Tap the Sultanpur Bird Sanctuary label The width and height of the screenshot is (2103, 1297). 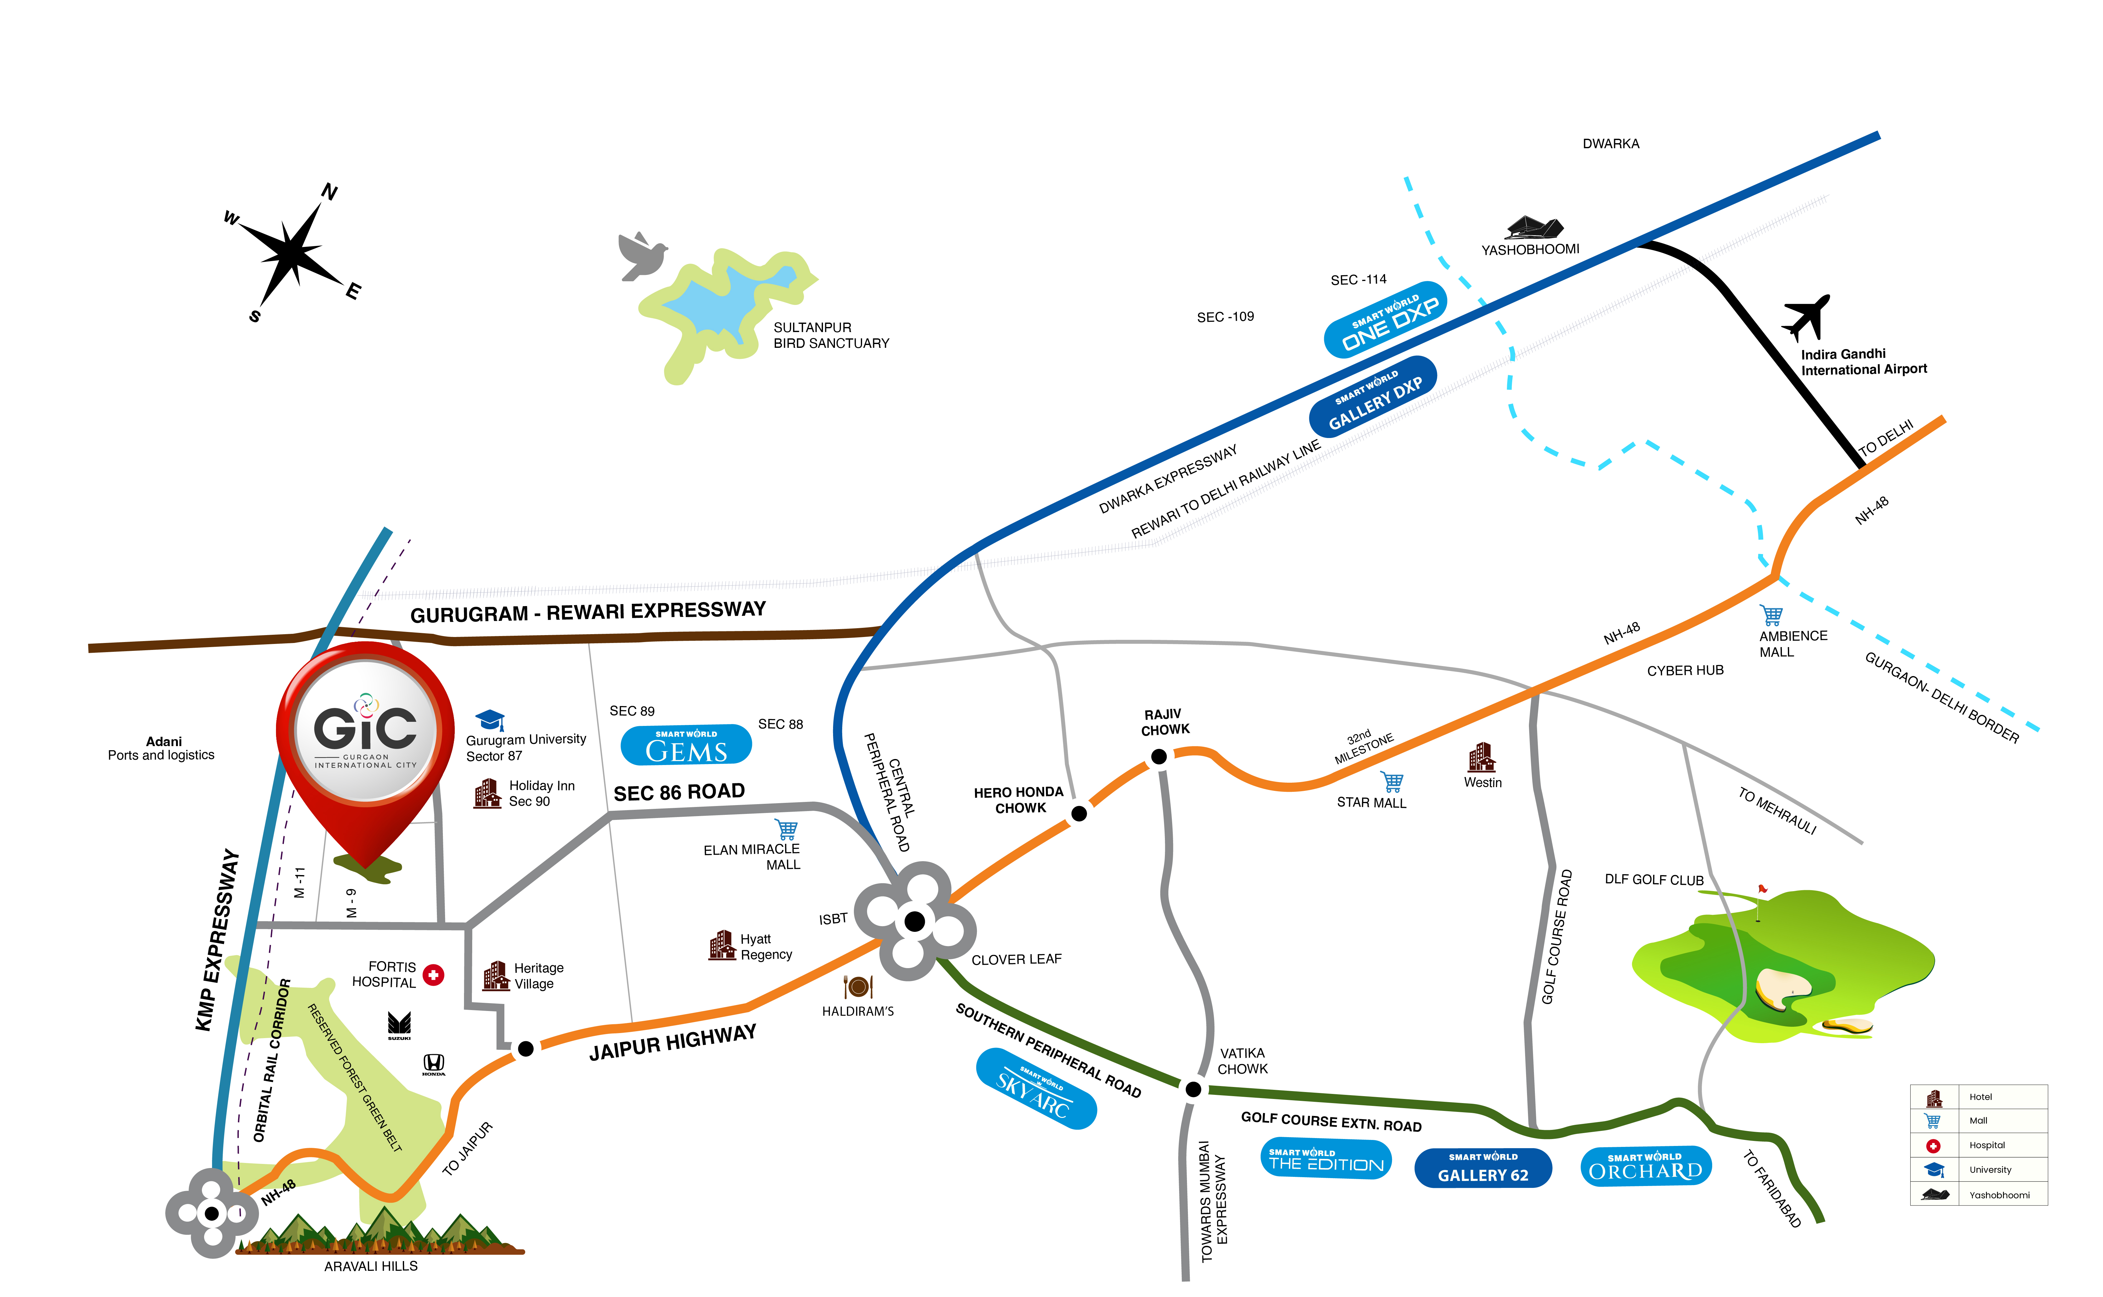[x=831, y=336]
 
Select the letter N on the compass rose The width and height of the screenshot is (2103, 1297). [x=330, y=191]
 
